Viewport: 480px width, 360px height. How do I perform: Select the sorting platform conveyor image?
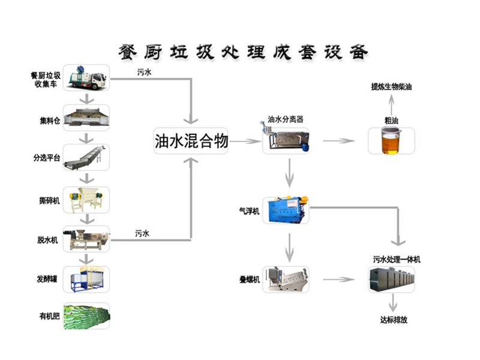pyautogui.click(x=86, y=157)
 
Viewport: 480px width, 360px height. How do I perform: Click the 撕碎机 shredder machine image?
pyautogui.click(x=86, y=200)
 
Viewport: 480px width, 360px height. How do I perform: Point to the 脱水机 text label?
pyautogui.click(x=48, y=240)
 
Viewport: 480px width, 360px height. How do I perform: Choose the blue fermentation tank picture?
pyautogui.click(x=86, y=278)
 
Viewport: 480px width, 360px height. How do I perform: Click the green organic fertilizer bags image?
pyautogui.click(x=86, y=316)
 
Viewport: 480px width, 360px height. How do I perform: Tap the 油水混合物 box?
pyautogui.click(x=191, y=142)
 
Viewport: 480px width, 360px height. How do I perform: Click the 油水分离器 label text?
pyautogui.click(x=286, y=119)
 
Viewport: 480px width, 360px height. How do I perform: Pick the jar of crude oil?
pyautogui.click(x=391, y=141)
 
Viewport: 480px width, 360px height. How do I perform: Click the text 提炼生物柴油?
pyautogui.click(x=391, y=87)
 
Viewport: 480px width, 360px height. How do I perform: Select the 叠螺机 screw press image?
pyautogui.click(x=286, y=280)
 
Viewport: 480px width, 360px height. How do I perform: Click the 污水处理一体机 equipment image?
pyautogui.click(x=391, y=280)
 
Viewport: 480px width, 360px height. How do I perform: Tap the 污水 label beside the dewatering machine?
pyautogui.click(x=142, y=233)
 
